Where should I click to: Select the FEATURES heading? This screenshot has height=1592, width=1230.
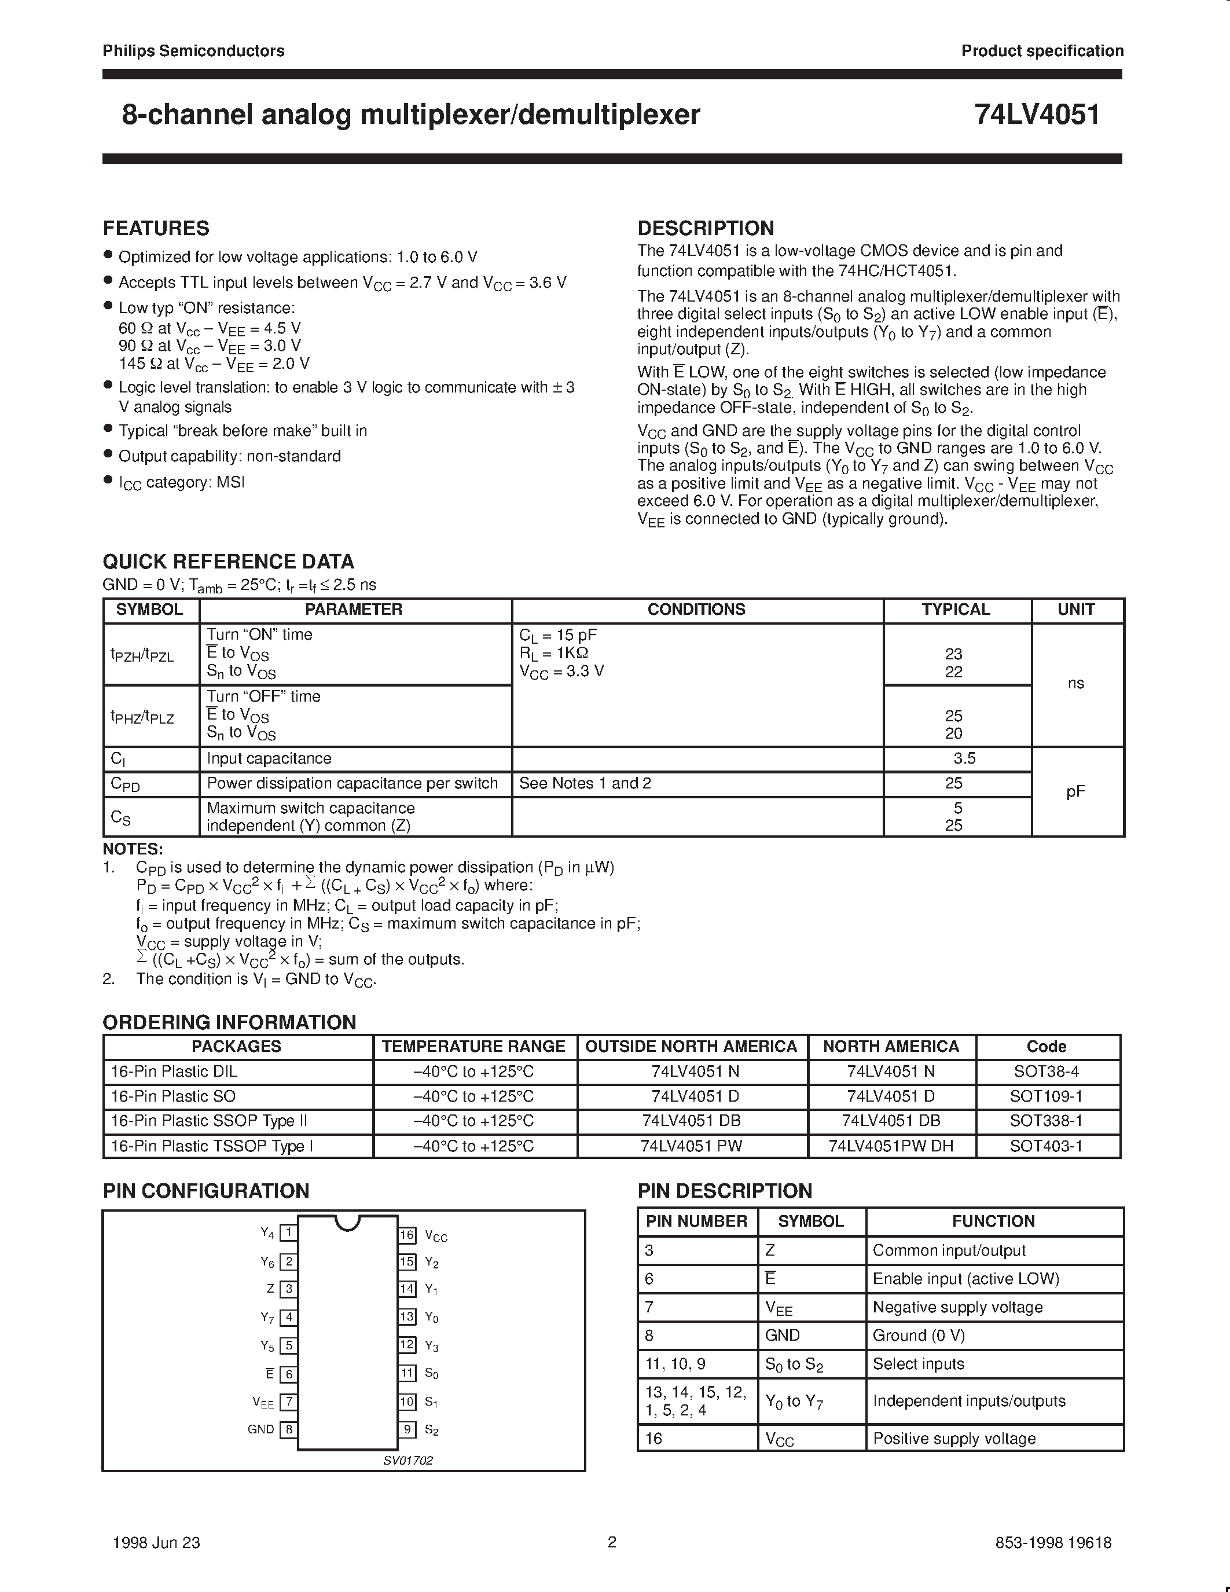[156, 228]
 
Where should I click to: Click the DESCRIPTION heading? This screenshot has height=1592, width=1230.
[706, 228]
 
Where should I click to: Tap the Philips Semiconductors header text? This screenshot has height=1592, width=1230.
[193, 51]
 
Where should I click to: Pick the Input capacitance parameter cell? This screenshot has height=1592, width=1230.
[269, 759]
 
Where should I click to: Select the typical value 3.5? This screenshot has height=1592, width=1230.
[964, 759]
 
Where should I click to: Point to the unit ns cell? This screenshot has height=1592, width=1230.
[1075, 683]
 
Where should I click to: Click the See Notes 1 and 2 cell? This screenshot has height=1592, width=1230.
[585, 784]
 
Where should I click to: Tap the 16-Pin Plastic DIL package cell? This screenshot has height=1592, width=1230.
[174, 1072]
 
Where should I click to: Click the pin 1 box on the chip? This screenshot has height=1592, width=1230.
[289, 1232]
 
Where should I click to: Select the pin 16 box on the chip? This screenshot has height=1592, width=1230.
[406, 1235]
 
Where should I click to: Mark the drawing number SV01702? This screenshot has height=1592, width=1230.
[408, 1460]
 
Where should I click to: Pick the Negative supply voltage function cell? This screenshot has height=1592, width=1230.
[957, 1307]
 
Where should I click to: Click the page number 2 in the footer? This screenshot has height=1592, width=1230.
[612, 1542]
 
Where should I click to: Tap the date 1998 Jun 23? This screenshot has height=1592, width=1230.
[157, 1542]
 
